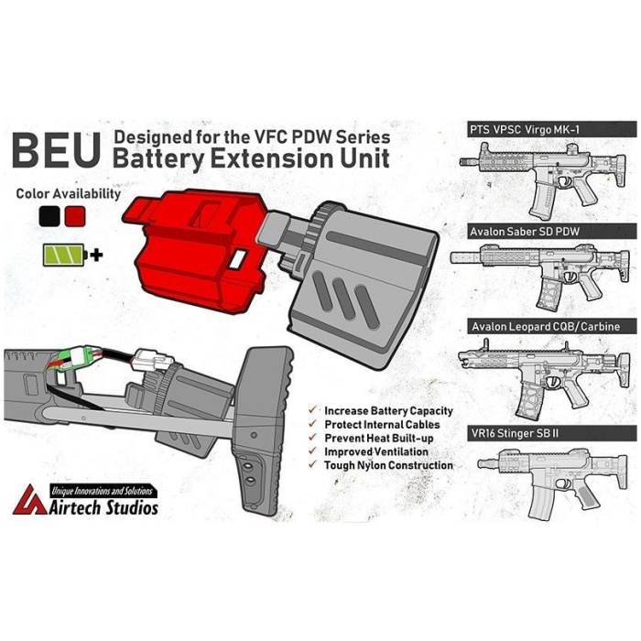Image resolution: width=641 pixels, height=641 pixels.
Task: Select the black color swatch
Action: pos(49,216)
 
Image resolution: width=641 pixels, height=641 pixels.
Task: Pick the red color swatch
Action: pos(75,216)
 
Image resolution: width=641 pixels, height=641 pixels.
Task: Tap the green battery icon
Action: pos(65,255)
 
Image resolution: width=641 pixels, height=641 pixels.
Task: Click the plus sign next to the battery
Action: pos(96,255)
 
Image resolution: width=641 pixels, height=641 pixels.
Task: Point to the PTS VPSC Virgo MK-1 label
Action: pos(525,130)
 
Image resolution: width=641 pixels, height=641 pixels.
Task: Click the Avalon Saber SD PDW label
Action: pos(525,232)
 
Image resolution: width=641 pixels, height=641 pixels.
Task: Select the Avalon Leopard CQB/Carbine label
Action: pos(546,327)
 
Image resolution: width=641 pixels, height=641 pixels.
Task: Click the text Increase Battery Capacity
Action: pos(388,411)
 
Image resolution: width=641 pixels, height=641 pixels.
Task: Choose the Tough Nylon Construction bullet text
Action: pos(388,465)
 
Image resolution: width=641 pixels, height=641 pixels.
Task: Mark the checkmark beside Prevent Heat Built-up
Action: pos(313,437)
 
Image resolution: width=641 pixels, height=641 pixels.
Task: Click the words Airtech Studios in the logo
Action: pos(103,507)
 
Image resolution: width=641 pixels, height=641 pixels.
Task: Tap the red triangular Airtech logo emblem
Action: pos(29,500)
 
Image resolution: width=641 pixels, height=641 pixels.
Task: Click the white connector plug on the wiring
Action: pos(152,360)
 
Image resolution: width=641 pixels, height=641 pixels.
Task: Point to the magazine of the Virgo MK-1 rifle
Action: pos(542,202)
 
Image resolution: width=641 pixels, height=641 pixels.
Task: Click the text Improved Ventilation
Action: pos(376,451)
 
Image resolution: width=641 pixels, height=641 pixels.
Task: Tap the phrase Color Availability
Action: pos(69,193)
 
